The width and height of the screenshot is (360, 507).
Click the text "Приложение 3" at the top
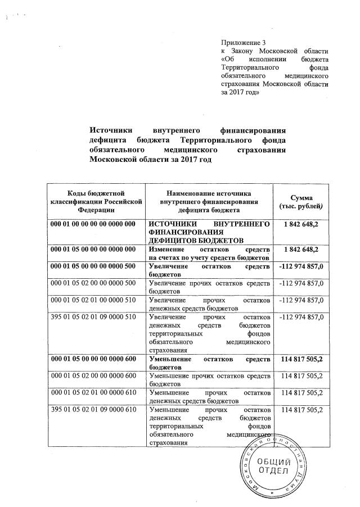(x=242, y=42)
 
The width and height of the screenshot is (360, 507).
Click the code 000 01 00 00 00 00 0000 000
(x=93, y=224)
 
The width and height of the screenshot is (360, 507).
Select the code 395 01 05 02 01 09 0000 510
(x=93, y=318)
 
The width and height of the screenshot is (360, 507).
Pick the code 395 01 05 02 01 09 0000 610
(x=93, y=410)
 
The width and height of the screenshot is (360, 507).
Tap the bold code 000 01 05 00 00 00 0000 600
(x=93, y=358)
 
